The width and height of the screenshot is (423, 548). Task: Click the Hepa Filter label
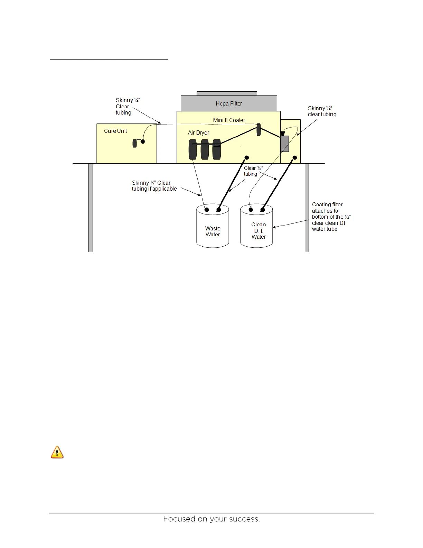(229, 103)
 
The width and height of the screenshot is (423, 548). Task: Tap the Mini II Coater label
(229, 120)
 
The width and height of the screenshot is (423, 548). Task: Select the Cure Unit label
(115, 131)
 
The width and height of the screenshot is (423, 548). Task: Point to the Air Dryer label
(198, 133)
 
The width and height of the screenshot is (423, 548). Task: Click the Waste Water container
(213, 231)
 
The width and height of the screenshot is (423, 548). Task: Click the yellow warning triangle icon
(57, 452)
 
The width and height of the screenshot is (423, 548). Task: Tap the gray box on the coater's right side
(284, 144)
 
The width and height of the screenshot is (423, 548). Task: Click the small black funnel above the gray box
(283, 133)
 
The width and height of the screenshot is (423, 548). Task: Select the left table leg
(91, 208)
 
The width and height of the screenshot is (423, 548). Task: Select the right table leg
(307, 208)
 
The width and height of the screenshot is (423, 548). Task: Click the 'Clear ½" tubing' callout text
(253, 171)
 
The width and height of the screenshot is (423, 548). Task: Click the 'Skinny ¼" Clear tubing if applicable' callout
(154, 186)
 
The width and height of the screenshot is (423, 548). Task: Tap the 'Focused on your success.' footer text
(211, 519)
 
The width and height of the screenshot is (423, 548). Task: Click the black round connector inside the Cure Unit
(142, 141)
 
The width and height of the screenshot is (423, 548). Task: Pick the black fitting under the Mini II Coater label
(258, 130)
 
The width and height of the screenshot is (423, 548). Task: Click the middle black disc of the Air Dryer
(205, 149)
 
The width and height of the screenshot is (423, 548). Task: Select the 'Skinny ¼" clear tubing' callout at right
(322, 111)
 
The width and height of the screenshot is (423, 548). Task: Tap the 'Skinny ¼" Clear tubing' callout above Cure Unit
(128, 106)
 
